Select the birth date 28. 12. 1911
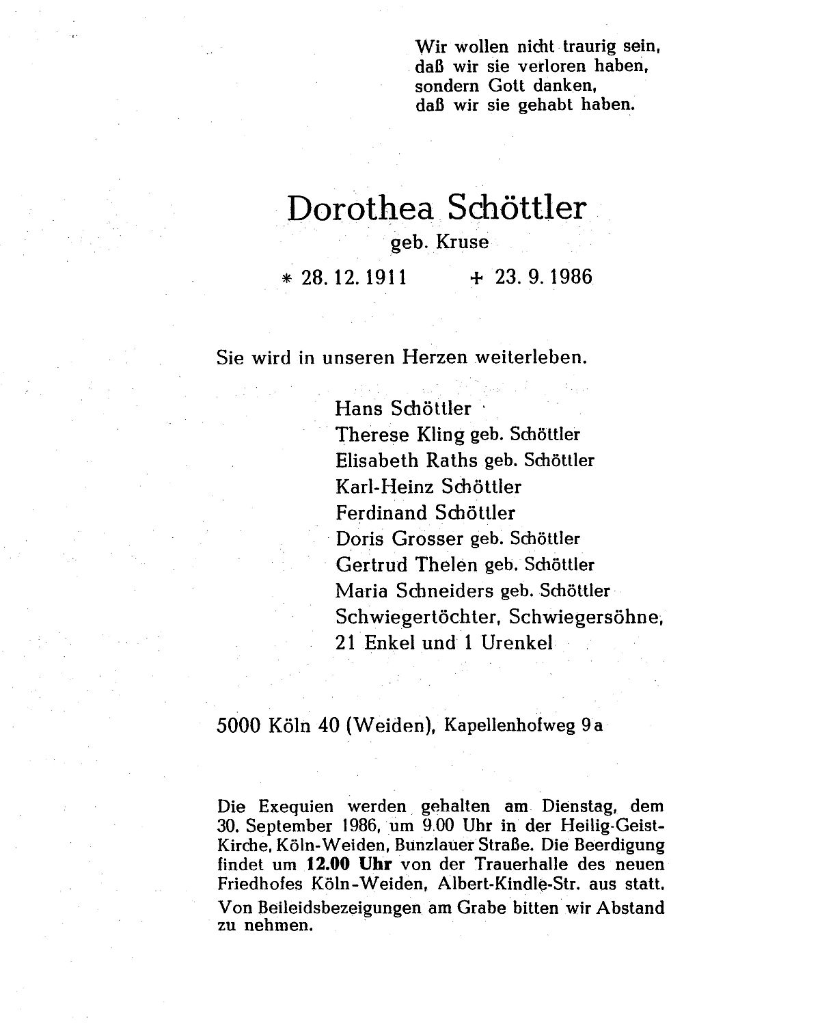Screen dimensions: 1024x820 pos(354,278)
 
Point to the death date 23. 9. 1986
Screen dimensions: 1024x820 pos(543,278)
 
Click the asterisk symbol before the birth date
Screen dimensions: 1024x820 pos(286,279)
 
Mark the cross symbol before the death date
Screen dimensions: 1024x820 pos(476,278)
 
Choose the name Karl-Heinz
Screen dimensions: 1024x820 pos(385,486)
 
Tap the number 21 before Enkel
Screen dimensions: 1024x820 pos(347,643)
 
